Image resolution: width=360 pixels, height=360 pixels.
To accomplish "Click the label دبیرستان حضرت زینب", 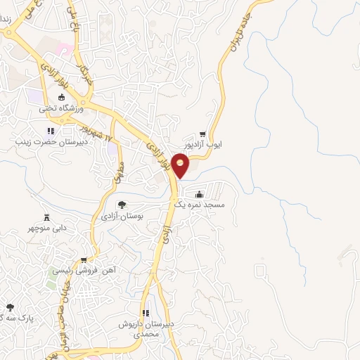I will (x=49, y=141).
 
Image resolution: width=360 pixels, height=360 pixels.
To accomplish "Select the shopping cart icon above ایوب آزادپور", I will (x=202, y=134).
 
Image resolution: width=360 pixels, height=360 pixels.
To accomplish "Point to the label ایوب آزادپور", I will (x=202, y=145).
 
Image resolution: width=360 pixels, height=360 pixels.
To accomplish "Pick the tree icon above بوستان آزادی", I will (x=122, y=205).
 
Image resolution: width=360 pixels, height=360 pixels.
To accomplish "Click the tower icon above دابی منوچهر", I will (x=48, y=217).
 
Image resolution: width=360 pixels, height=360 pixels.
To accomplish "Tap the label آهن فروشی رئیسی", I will (x=85, y=270).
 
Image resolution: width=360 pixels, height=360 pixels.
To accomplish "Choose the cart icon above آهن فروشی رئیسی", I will (x=84, y=259).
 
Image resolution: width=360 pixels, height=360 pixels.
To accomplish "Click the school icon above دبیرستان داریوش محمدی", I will (x=146, y=313).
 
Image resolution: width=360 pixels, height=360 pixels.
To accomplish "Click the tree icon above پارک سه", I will (x=10, y=307).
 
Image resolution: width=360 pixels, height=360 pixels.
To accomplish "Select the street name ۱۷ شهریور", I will (x=94, y=132).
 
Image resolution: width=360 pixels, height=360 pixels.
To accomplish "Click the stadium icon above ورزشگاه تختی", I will (x=61, y=97).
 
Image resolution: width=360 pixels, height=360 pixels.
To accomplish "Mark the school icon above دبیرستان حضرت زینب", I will (x=49, y=130).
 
